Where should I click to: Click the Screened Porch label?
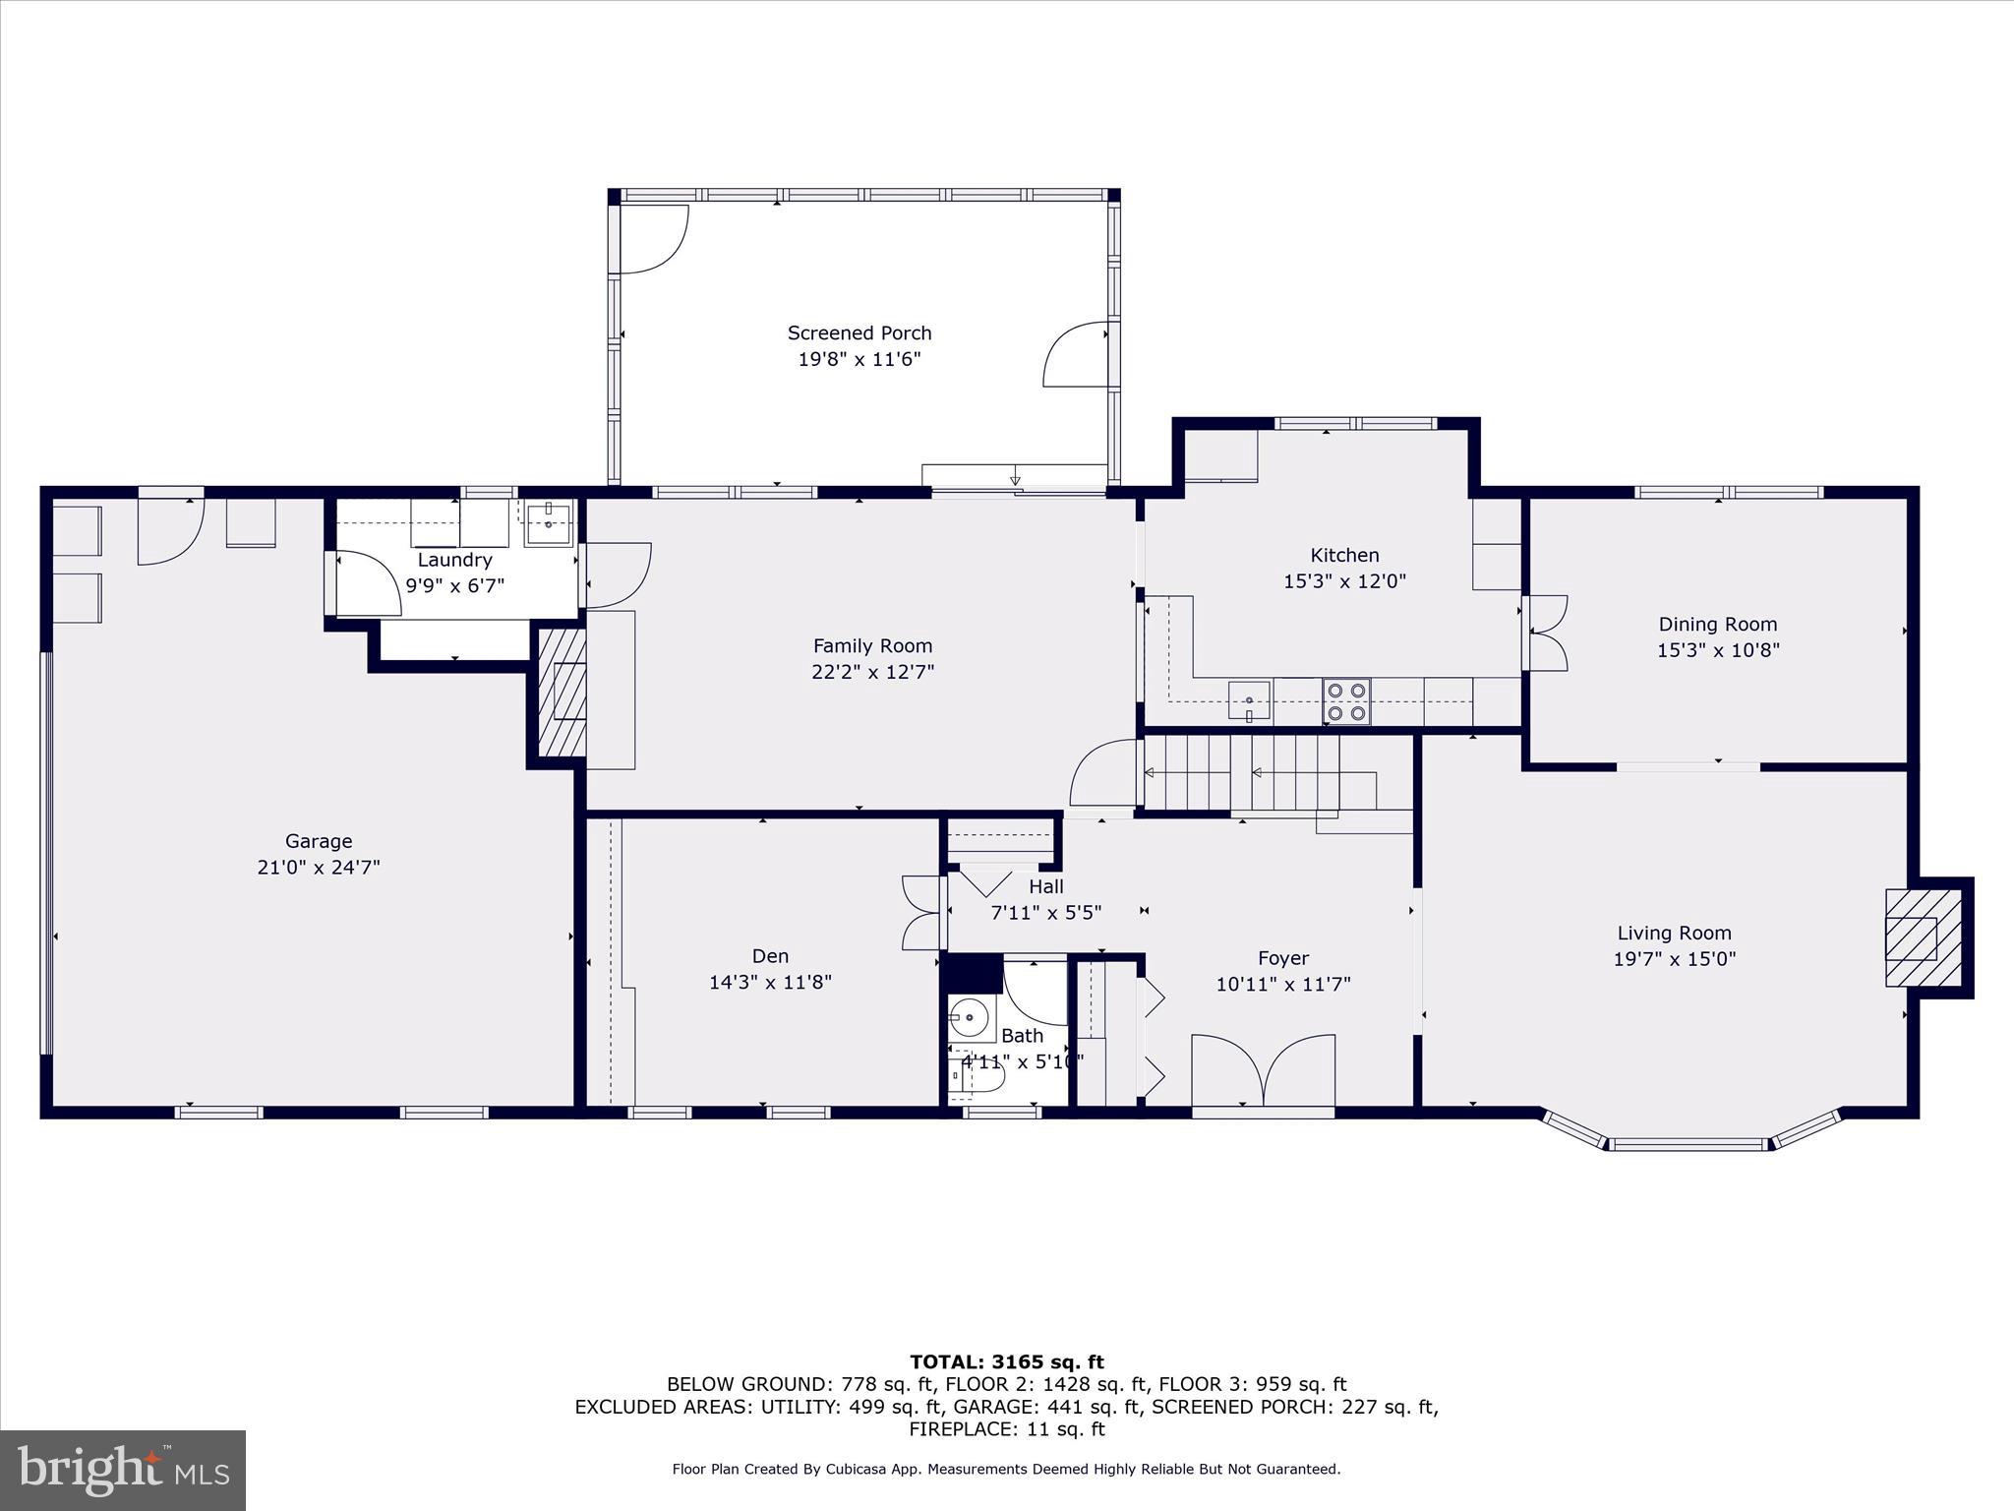coord(859,333)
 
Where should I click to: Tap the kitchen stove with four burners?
coord(1346,702)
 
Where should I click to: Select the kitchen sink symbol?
coord(1249,700)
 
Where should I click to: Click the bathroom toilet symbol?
coord(977,1077)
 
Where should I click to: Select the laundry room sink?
coord(548,523)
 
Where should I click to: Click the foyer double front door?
coord(1263,1072)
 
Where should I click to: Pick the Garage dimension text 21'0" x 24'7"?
coord(318,868)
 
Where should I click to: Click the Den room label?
coord(770,956)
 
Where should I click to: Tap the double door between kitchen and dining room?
coord(1544,634)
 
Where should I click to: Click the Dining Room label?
coord(1717,624)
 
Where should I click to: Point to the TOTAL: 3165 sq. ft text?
coord(1006,1362)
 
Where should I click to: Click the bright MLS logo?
coord(122,1470)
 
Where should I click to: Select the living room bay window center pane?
coord(1688,1145)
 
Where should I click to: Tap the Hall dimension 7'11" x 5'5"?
coord(1045,913)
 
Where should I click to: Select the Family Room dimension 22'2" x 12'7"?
coord(872,672)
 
